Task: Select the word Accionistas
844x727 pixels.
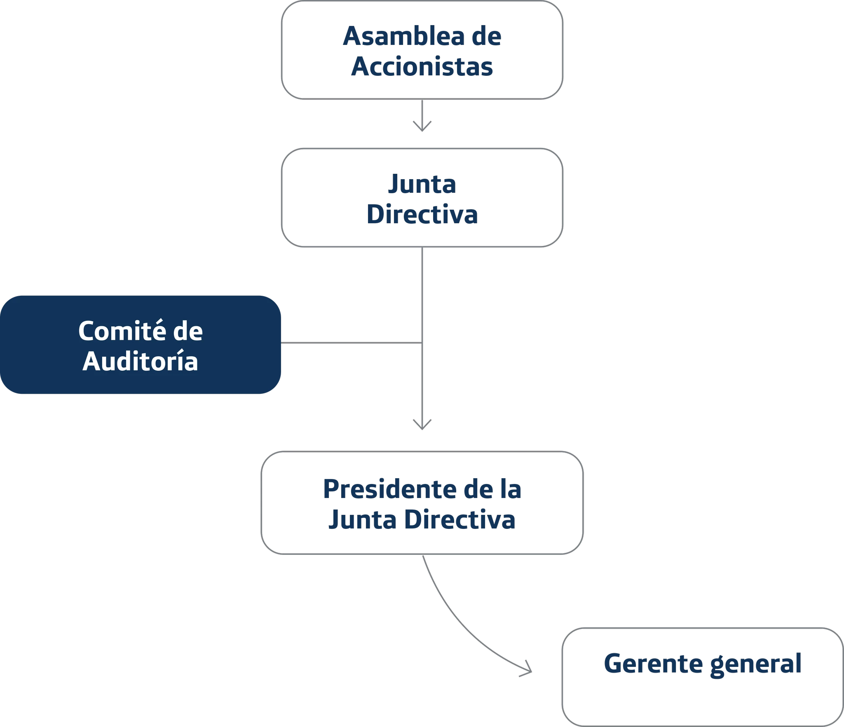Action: pyautogui.click(x=422, y=66)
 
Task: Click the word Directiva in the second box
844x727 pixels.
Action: pyautogui.click(x=422, y=214)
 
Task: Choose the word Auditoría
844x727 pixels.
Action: pyautogui.click(x=140, y=361)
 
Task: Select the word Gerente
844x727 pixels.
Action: pyautogui.click(x=653, y=664)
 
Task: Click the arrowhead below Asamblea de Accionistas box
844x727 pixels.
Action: pyautogui.click(x=422, y=126)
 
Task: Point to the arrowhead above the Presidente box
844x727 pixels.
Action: pyautogui.click(x=422, y=425)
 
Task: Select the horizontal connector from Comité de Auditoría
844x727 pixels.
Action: pyautogui.click(x=350, y=342)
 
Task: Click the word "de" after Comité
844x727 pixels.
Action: pyautogui.click(x=188, y=331)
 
